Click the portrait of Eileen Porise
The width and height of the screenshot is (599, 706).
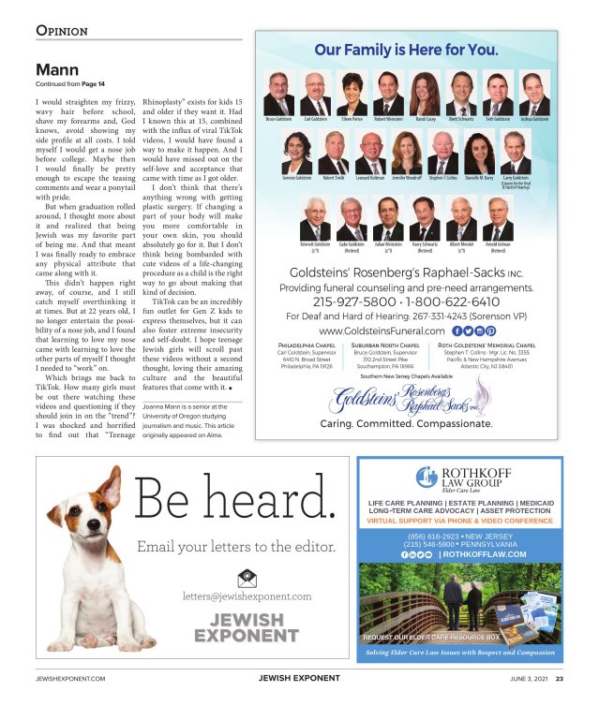tap(352, 94)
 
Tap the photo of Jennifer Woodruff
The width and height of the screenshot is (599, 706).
tap(407, 153)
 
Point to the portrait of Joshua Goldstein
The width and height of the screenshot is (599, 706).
tap(533, 94)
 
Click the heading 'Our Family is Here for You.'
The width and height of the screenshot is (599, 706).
tap(406, 49)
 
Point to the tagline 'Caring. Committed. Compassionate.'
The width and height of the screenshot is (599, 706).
tap(406, 422)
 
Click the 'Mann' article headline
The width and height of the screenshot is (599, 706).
tap(56, 70)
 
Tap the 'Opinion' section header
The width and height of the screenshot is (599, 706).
tap(62, 30)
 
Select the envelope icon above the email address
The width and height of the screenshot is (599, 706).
tap(247, 578)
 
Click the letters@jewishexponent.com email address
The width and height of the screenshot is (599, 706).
tap(247, 596)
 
